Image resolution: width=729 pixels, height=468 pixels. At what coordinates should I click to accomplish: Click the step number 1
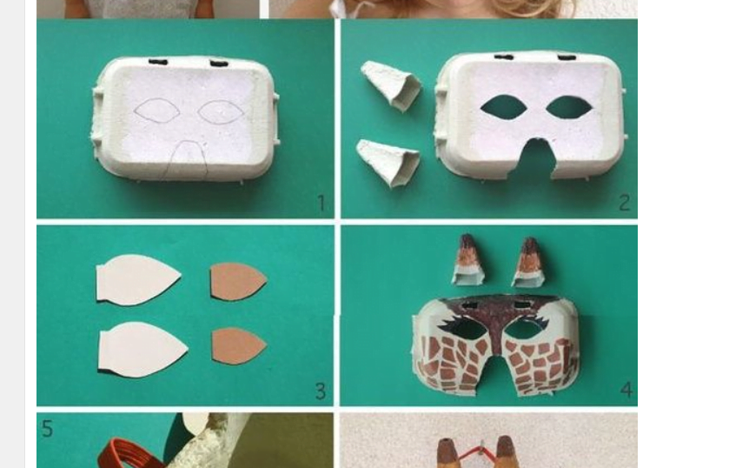[321, 203]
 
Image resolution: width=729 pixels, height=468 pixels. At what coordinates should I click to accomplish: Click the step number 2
[625, 203]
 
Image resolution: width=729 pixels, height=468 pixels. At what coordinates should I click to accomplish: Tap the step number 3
[321, 391]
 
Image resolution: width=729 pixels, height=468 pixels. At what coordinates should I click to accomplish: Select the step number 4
[626, 390]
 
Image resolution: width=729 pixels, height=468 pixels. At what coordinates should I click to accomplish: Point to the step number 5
[47, 428]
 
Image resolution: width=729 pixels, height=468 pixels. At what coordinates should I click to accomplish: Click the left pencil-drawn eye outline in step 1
[157, 110]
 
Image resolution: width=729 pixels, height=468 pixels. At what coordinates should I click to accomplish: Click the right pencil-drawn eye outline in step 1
[222, 111]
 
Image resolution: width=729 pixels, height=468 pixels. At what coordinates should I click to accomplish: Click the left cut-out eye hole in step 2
[503, 106]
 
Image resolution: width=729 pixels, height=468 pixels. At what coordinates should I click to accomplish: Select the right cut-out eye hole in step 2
[569, 107]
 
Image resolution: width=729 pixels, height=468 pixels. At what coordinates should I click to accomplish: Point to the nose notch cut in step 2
[536, 158]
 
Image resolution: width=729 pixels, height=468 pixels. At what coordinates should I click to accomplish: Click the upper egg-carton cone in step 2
[391, 86]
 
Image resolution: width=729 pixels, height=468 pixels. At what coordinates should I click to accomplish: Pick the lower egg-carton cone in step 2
[388, 163]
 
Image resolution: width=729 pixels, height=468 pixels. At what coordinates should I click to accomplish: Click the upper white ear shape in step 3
[138, 280]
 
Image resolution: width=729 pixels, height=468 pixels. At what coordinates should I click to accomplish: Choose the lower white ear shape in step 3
[142, 349]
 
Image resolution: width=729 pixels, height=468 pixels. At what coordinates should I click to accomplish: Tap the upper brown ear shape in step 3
[238, 282]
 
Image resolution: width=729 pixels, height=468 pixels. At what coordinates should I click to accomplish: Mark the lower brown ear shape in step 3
[238, 346]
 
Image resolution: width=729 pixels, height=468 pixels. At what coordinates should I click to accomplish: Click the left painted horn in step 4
[467, 260]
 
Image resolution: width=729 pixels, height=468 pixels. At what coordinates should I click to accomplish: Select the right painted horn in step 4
[528, 262]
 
